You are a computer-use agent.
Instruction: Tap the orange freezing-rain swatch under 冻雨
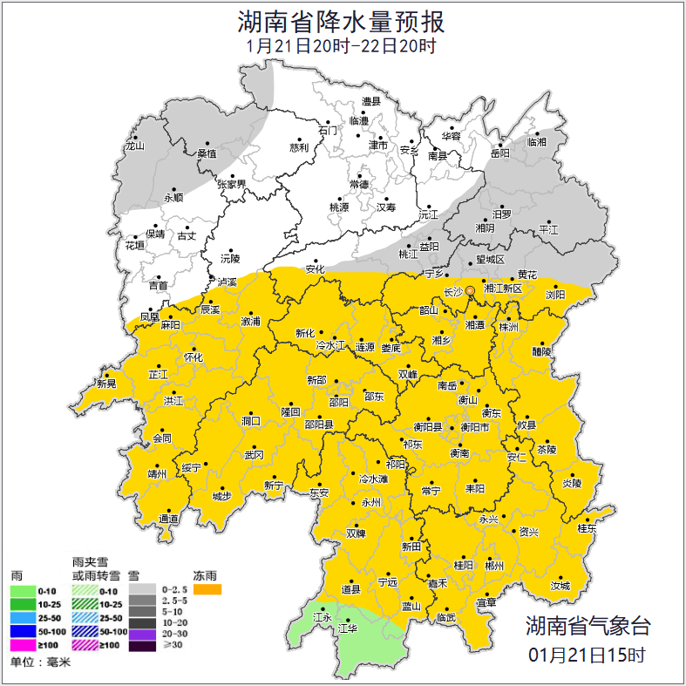[207, 589]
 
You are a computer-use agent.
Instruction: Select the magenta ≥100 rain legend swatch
[24, 645]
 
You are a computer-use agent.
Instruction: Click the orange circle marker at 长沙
[470, 291]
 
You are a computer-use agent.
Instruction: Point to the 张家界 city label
[231, 184]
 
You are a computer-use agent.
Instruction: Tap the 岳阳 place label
[499, 153]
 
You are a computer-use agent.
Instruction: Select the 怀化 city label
[193, 357]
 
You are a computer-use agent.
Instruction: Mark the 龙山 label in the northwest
[134, 146]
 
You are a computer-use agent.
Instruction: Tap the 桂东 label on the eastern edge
[588, 528]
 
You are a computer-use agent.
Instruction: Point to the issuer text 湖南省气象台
[588, 626]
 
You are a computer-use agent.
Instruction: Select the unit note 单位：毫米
[40, 662]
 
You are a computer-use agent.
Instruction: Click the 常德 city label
[358, 184]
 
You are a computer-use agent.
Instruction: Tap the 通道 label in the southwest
[168, 520]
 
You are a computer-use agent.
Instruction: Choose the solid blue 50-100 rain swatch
[24, 631]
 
